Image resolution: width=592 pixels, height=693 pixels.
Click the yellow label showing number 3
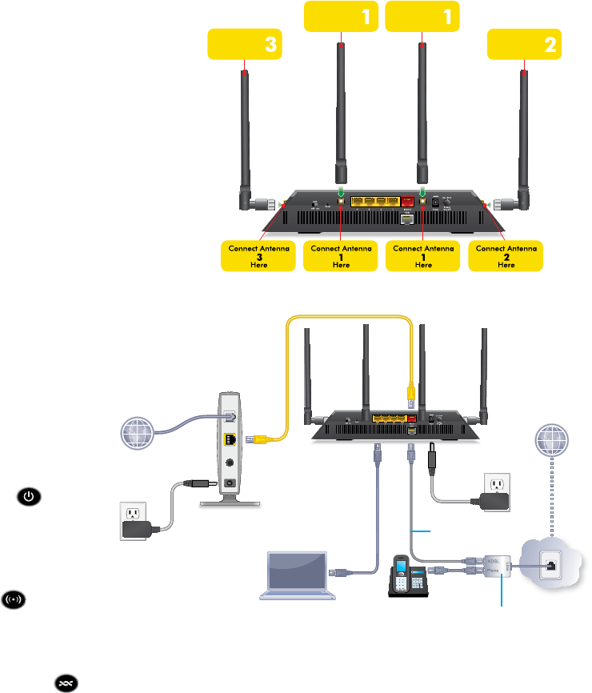(x=245, y=45)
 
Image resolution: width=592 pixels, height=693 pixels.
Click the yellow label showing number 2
(x=525, y=45)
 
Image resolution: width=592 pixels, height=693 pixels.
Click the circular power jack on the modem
(x=230, y=462)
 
